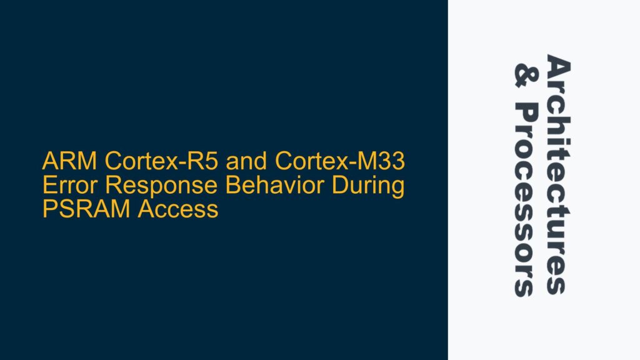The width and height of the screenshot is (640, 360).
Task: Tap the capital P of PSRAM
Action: pyautogui.click(x=48, y=208)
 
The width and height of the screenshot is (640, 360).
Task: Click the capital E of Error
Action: pyautogui.click(x=48, y=186)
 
